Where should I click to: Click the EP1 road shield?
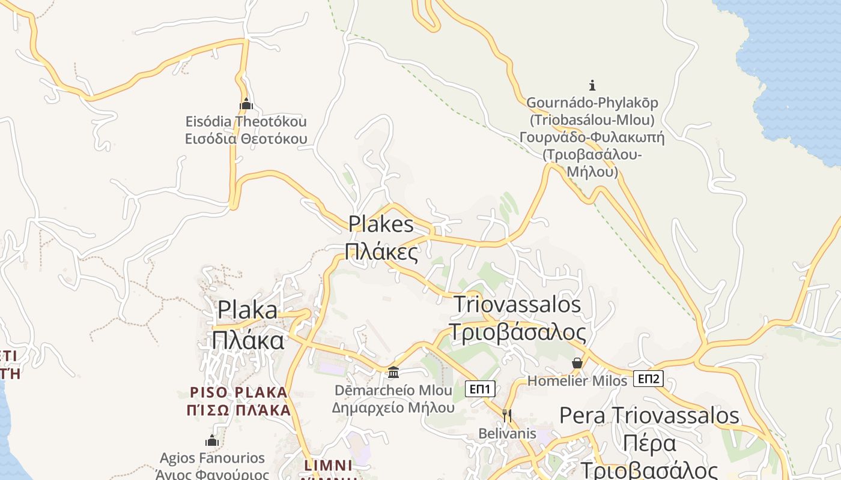481,389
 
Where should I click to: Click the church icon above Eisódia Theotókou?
246,104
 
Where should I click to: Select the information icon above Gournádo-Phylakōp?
592,85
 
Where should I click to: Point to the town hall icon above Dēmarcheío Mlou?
393,373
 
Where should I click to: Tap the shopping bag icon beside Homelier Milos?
577,363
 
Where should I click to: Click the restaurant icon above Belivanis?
507,415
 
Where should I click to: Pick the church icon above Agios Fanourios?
211,440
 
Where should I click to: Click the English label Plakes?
381,224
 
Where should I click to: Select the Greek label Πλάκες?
382,252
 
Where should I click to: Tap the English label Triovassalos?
517,304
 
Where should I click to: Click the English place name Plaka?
247,310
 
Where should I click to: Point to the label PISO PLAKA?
239,392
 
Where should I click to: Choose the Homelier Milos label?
577,381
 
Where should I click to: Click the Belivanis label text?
507,433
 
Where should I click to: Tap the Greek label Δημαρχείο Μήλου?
393,407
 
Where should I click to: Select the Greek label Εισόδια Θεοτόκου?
246,139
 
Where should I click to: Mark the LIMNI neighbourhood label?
328,465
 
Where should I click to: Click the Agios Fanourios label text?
212,458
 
